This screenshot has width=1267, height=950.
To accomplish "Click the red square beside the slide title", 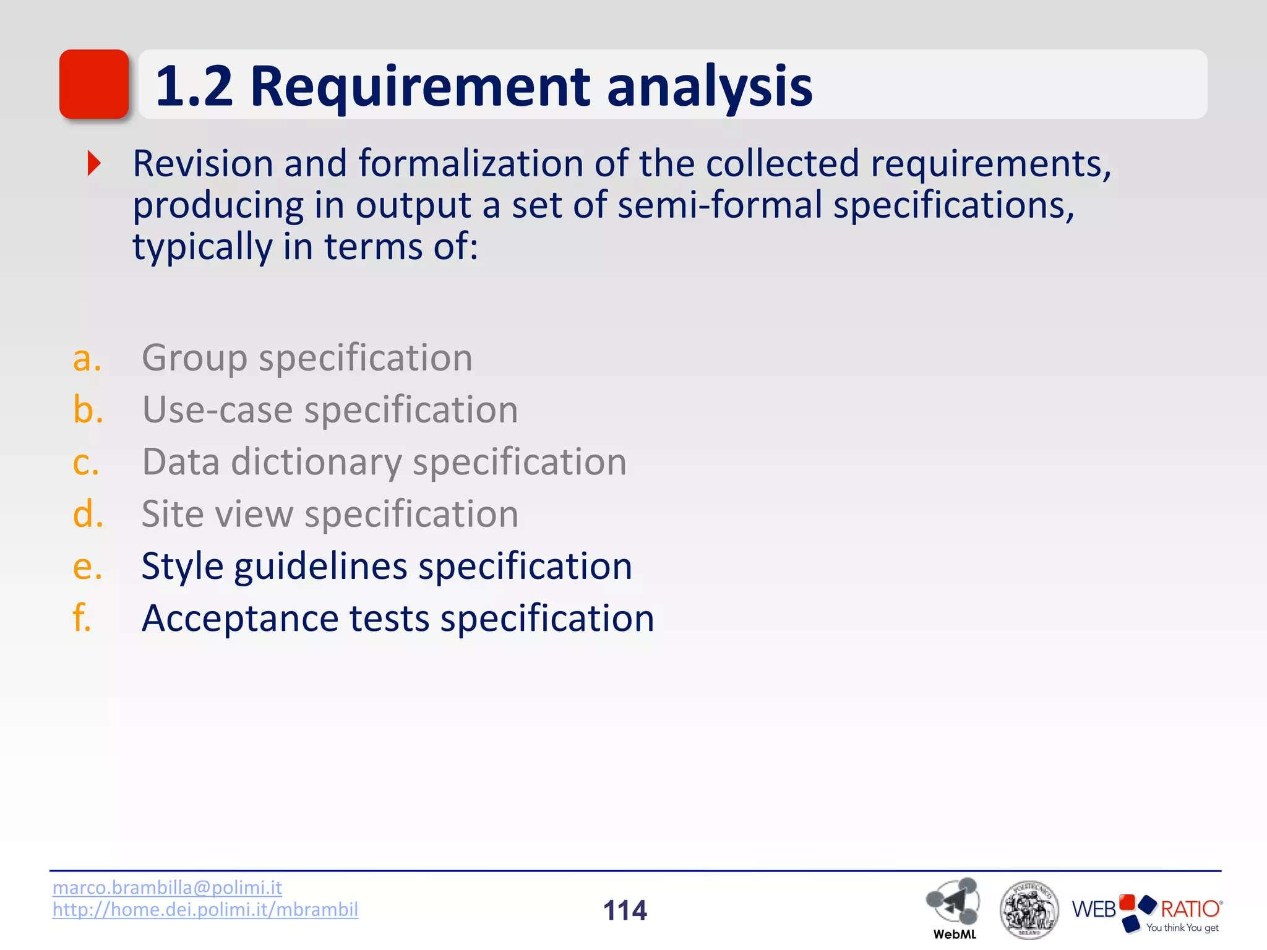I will [x=94, y=84].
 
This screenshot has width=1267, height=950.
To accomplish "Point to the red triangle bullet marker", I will [x=94, y=163].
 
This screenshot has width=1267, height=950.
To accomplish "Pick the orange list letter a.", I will [x=87, y=358].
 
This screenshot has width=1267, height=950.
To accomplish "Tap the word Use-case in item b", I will [x=217, y=410].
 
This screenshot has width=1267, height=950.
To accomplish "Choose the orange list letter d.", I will [x=88, y=514].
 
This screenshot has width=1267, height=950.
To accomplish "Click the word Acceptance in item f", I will [x=239, y=618].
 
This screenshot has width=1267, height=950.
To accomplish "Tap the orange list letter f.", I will [x=82, y=618].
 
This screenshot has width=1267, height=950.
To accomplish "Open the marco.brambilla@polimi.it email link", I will [x=167, y=888].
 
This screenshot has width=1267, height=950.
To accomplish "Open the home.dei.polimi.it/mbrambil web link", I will [x=205, y=910].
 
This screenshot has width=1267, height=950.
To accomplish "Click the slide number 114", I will [x=625, y=910].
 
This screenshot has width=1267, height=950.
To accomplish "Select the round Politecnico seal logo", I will [x=1029, y=909].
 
